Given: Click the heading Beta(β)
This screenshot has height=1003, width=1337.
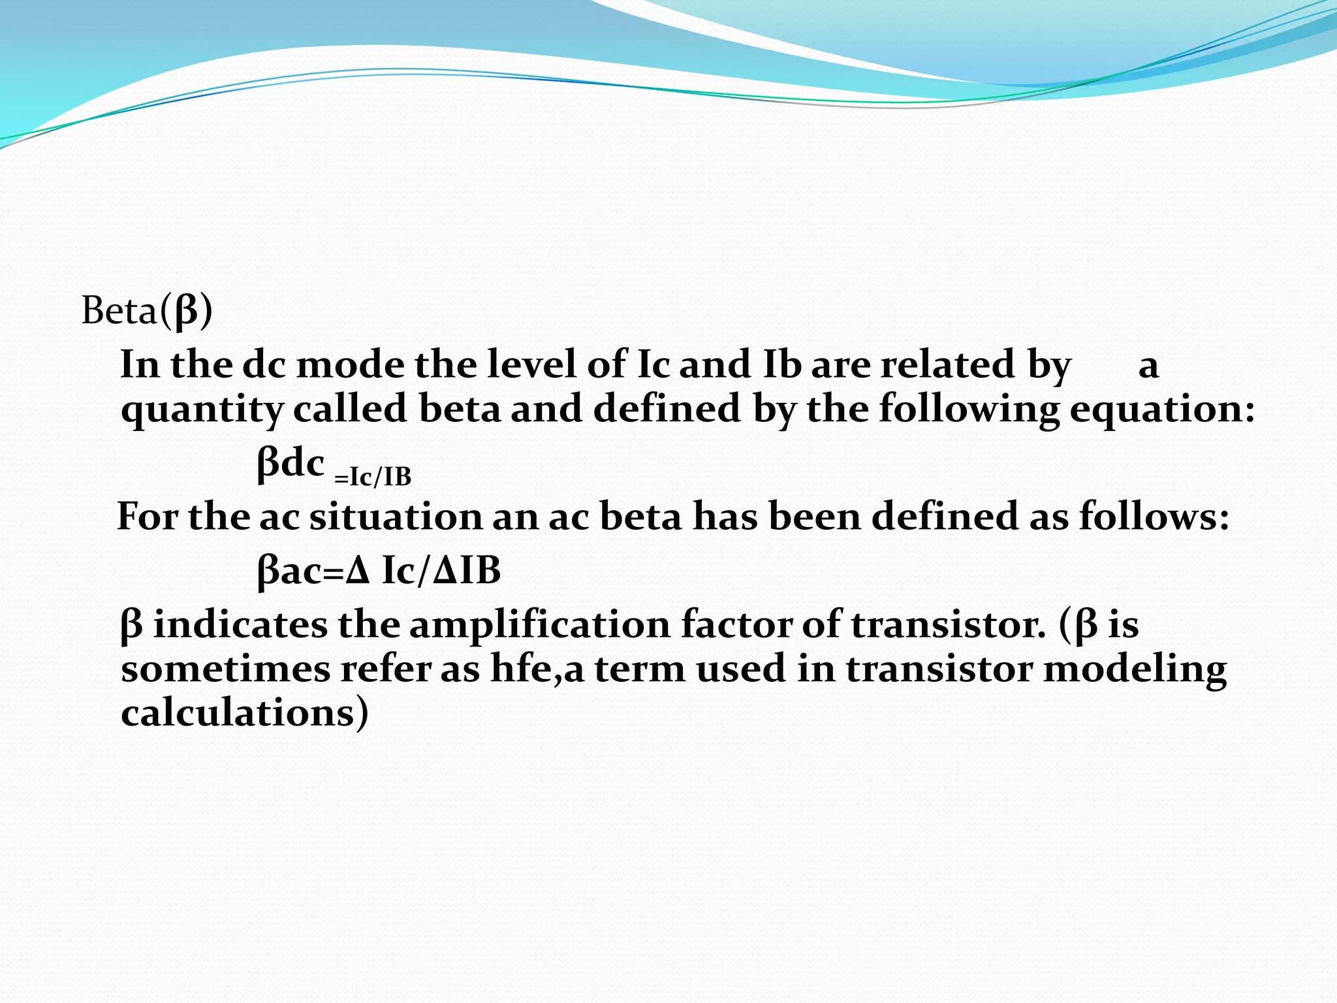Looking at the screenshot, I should coord(147,311).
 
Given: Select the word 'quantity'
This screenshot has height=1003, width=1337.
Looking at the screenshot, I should coord(202,410).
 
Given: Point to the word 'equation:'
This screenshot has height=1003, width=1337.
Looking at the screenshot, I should coord(1162,410).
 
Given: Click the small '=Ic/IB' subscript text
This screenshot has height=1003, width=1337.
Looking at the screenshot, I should coord(373,477).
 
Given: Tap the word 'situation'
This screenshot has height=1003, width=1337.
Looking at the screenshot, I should coord(395,517).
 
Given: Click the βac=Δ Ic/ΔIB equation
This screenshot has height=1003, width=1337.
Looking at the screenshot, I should coord(379,571).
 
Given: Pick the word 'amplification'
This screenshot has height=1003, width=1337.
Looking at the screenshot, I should coord(539,625).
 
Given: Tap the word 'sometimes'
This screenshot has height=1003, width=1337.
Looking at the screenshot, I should coord(225,669).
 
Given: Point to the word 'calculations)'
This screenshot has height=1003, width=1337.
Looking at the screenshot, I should coord(245,713).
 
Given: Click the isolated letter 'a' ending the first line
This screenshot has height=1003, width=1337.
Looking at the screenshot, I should coord(1148,366).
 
